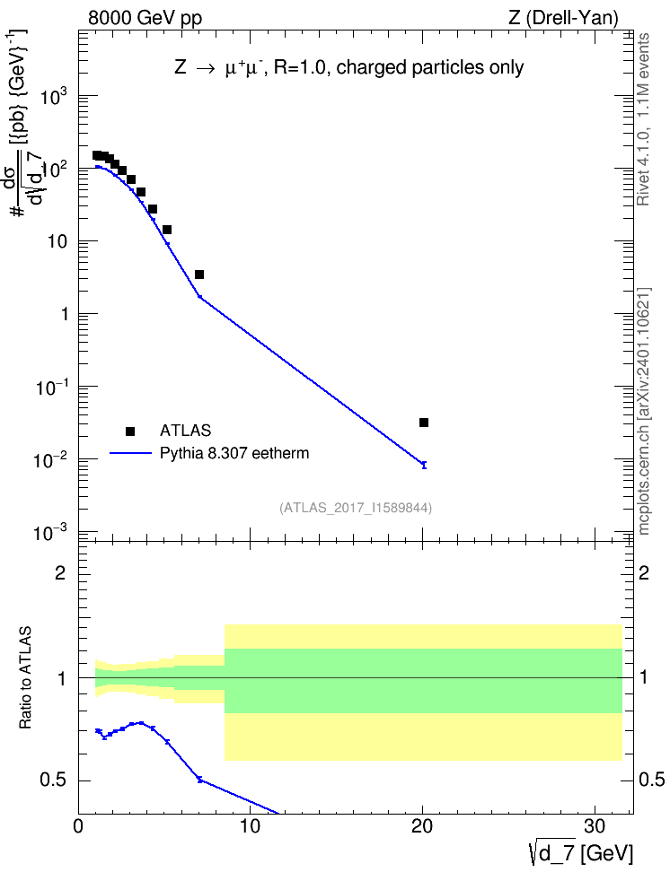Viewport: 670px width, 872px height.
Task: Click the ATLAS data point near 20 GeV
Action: click(423, 423)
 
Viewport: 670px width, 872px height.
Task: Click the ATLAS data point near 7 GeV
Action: click(198, 275)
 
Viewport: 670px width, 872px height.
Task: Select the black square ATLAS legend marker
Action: click(130, 431)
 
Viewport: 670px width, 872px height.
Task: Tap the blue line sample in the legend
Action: click(130, 454)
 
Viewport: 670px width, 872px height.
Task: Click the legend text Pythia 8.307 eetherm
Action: click(234, 454)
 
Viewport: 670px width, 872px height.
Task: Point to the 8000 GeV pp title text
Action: click(145, 18)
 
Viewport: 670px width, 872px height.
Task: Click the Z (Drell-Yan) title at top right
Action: click(563, 18)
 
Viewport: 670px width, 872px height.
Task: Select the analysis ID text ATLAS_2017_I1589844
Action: click(356, 508)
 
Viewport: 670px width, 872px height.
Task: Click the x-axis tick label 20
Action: click(422, 827)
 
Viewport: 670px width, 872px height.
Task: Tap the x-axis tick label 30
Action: click(595, 827)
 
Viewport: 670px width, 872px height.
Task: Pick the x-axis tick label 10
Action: click(250, 827)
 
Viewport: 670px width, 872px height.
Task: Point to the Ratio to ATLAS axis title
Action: click(25, 677)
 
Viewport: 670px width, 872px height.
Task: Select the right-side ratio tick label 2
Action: click(643, 573)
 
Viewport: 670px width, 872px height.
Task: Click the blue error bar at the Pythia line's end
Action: click(424, 465)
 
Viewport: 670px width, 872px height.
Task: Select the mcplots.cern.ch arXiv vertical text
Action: click(644, 411)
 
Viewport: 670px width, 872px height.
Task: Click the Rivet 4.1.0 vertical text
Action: click(643, 119)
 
